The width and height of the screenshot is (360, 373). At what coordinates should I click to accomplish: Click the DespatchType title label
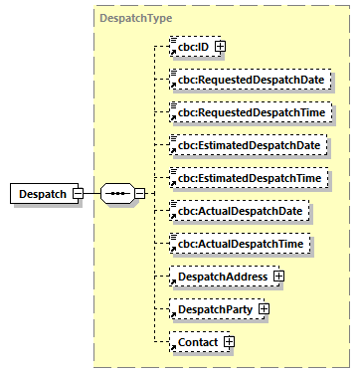(x=136, y=18)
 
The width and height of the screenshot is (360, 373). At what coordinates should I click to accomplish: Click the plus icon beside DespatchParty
(x=264, y=309)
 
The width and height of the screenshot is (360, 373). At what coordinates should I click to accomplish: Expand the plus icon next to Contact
(x=229, y=343)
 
